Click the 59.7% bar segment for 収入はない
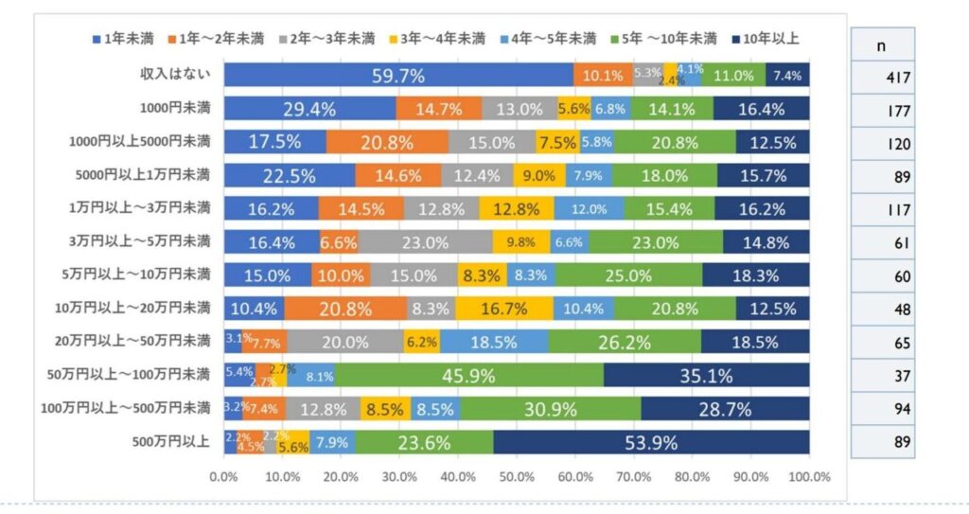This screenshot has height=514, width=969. pyautogui.click(x=397, y=76)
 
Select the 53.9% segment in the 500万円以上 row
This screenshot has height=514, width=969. pyautogui.click(x=651, y=442)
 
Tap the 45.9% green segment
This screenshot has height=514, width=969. pyautogui.click(x=469, y=375)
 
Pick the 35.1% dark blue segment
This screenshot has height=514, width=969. pyautogui.click(x=706, y=375)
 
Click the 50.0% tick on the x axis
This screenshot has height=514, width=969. pyautogui.click(x=517, y=477)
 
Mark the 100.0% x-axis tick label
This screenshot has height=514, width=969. pyautogui.click(x=810, y=477)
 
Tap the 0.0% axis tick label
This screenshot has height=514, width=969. pyautogui.click(x=223, y=477)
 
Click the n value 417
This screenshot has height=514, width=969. pyautogui.click(x=898, y=78)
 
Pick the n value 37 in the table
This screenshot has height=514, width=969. pyautogui.click(x=900, y=376)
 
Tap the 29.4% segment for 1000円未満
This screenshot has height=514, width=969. pyautogui.click(x=309, y=109)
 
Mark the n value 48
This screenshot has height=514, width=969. pyautogui.click(x=900, y=310)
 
